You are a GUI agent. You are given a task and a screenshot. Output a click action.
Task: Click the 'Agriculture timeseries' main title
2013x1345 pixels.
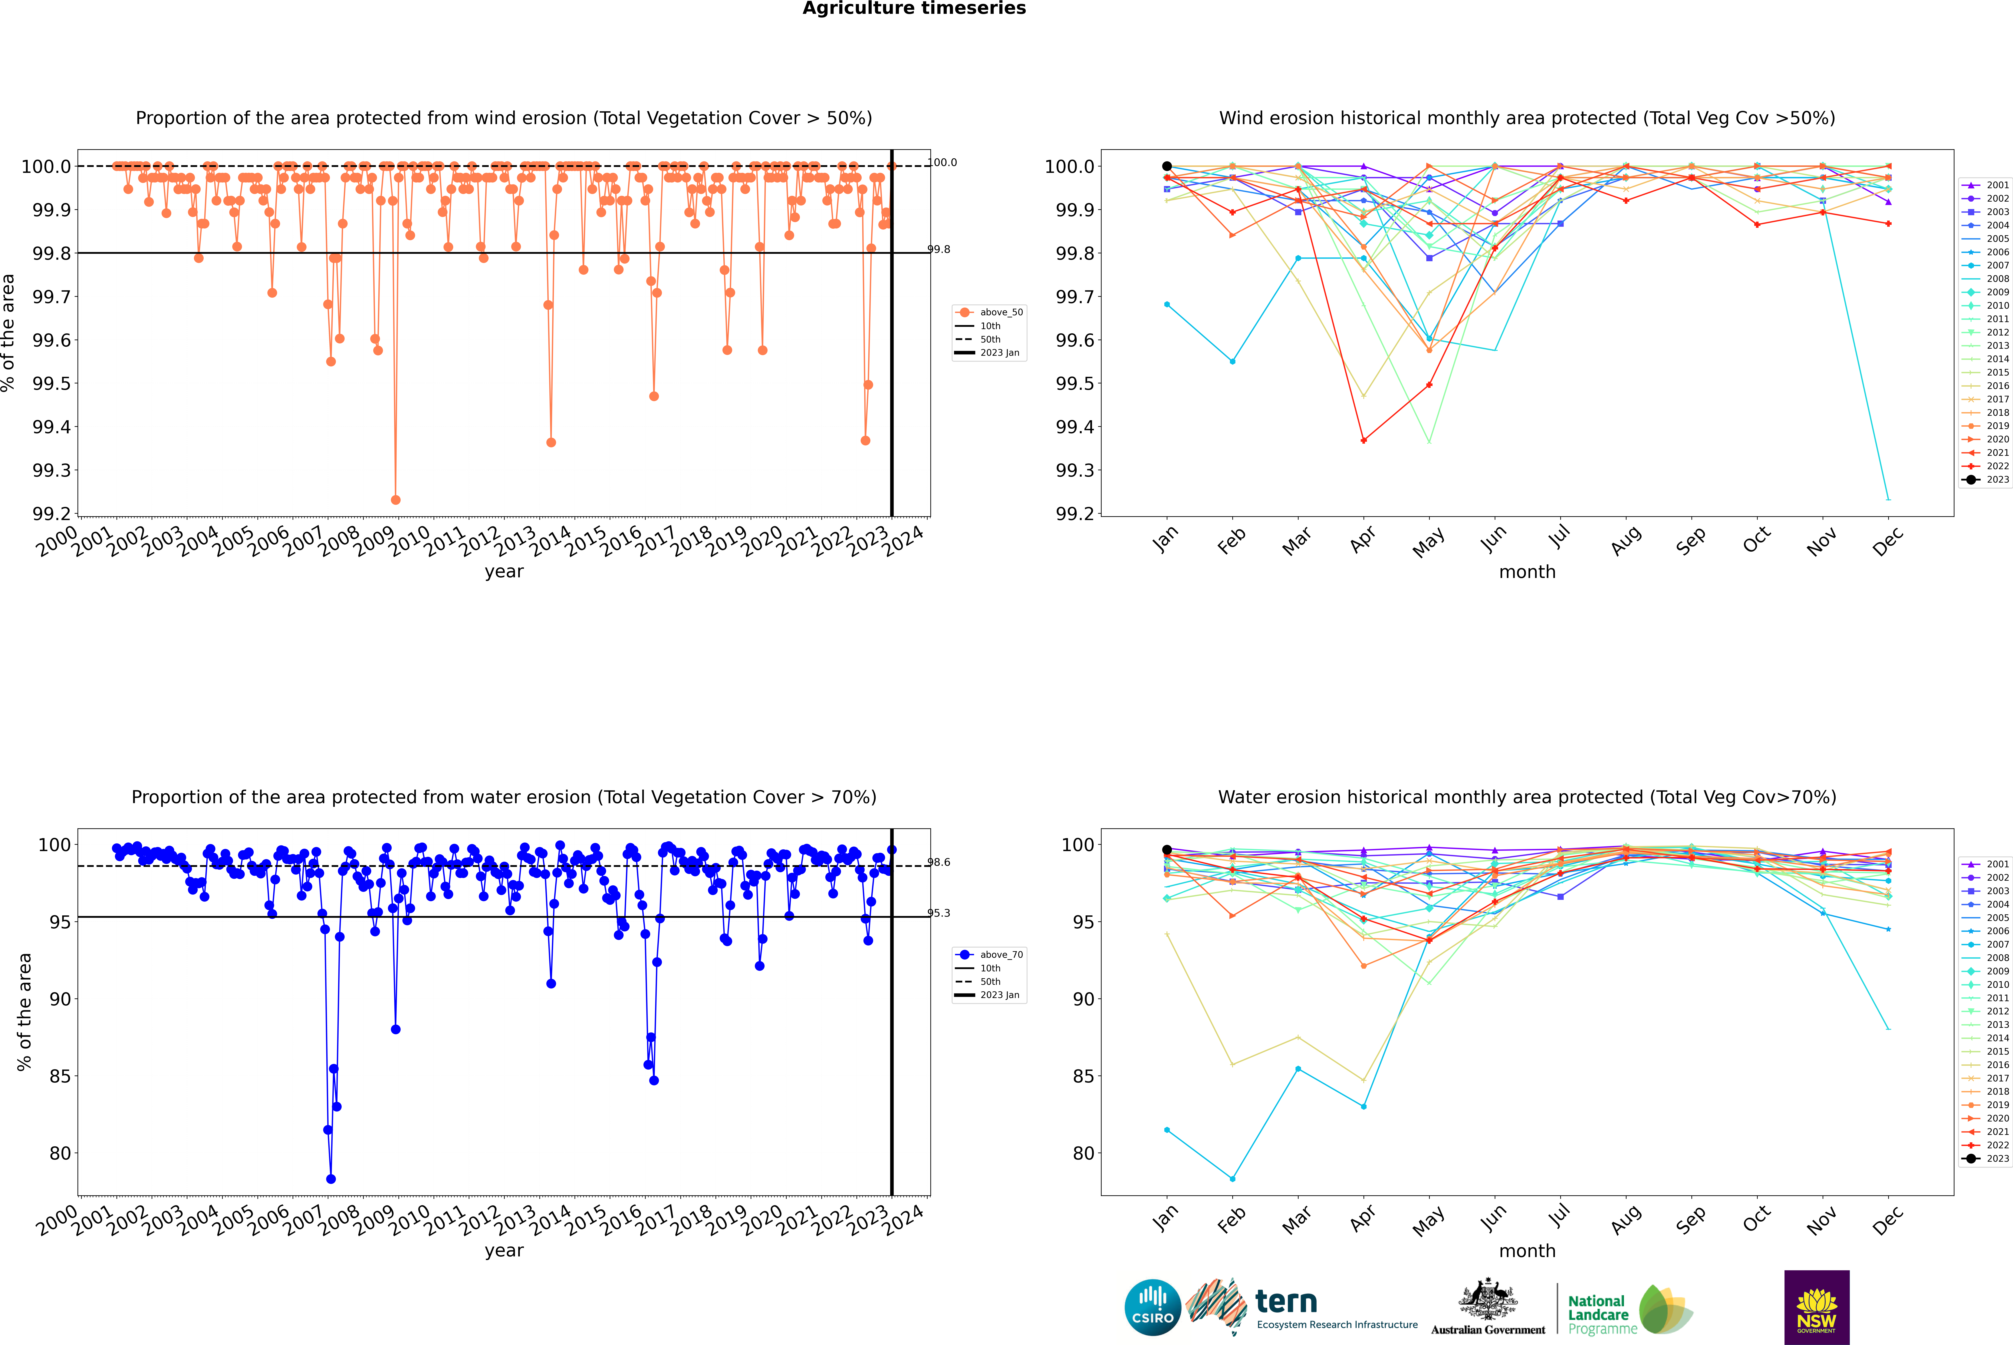pos(914,9)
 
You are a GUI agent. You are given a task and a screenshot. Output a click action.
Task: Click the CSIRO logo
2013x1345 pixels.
pos(1152,1307)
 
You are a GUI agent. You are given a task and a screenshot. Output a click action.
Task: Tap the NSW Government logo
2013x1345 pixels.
pos(1816,1307)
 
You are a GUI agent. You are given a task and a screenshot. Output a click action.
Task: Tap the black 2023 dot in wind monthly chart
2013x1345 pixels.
pos(1167,166)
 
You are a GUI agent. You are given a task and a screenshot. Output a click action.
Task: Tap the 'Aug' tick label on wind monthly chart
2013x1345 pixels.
pos(1626,540)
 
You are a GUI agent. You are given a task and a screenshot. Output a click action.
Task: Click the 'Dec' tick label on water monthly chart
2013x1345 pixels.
pos(1888,1219)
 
